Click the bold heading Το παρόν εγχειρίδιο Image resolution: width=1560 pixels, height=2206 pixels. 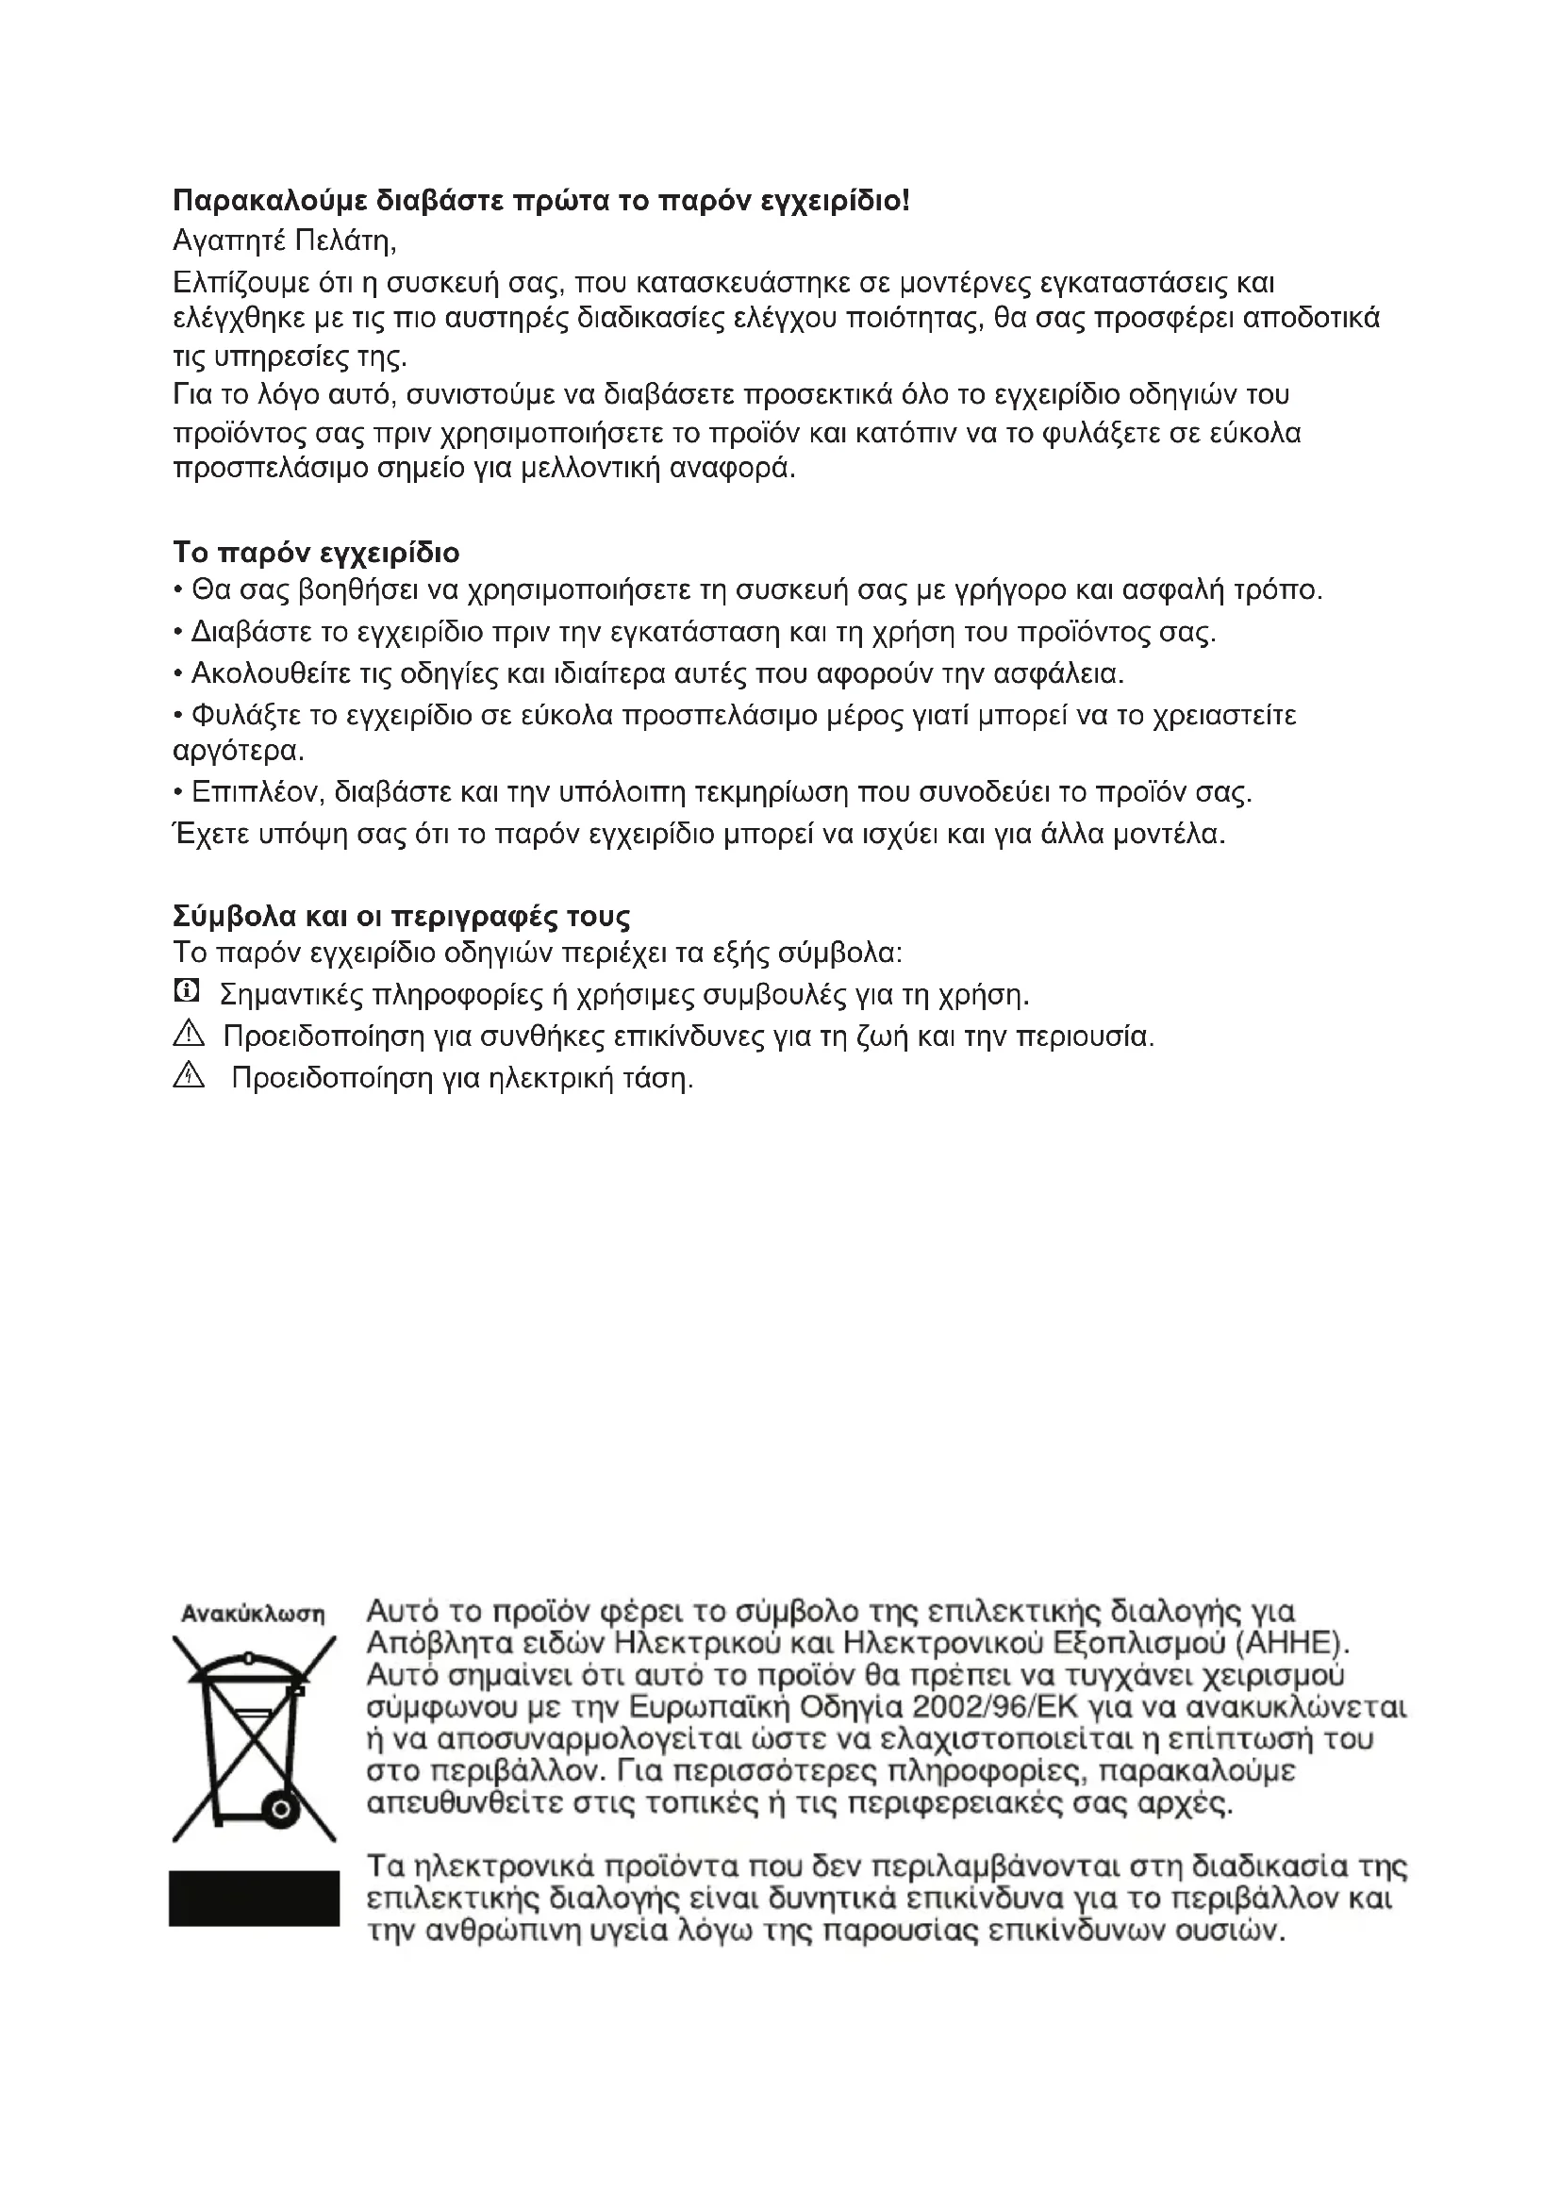pos(316,553)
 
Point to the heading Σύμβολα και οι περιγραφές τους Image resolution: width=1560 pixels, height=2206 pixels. pos(402,916)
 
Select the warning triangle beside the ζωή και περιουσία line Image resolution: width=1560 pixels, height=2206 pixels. pos(189,1034)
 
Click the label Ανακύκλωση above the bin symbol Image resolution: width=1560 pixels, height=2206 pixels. pos(253,1613)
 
